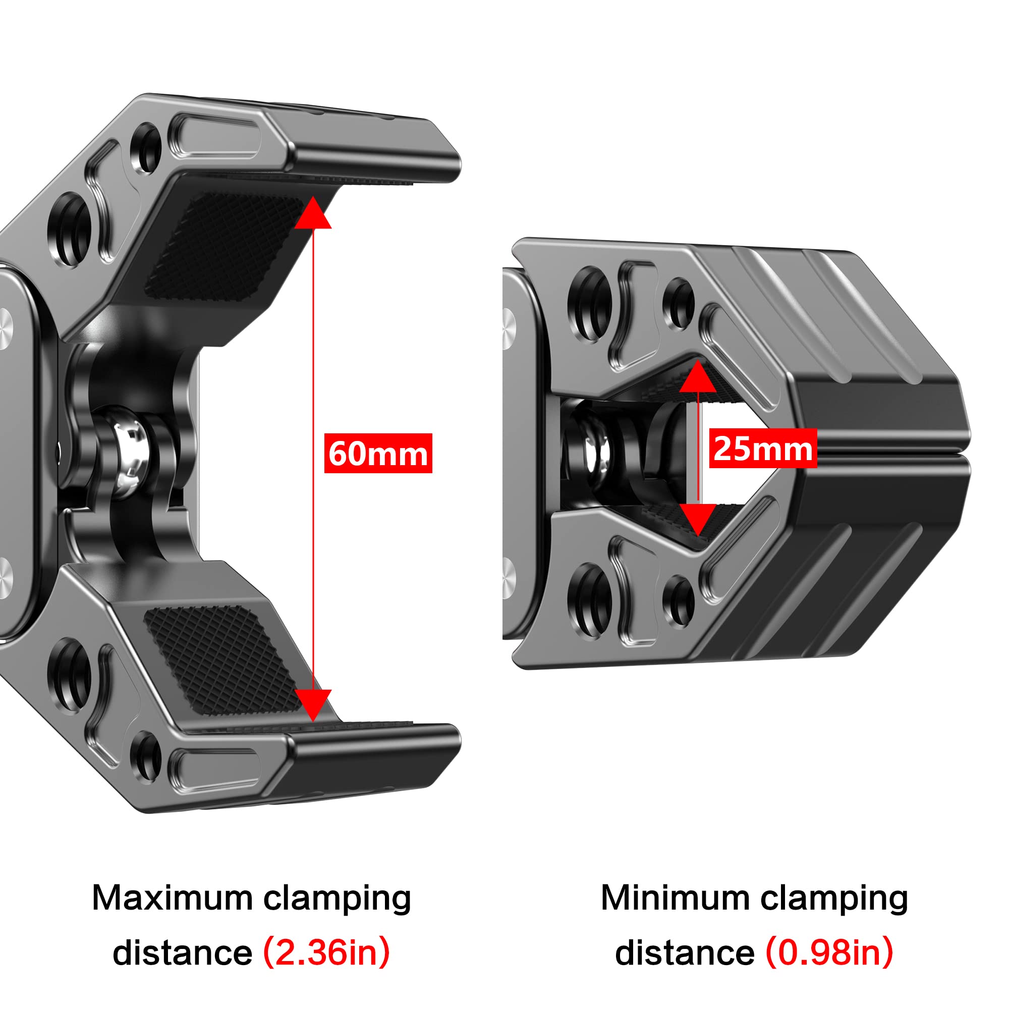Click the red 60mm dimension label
point(378,453)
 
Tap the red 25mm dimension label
point(762,448)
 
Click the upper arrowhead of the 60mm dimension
point(313,213)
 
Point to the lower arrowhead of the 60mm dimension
point(313,704)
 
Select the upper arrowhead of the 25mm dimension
point(698,377)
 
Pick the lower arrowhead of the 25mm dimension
point(698,519)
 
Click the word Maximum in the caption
point(173,899)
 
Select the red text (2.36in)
point(326,952)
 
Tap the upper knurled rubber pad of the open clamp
point(225,243)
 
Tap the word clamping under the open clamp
point(337,899)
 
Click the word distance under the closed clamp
point(684,952)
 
